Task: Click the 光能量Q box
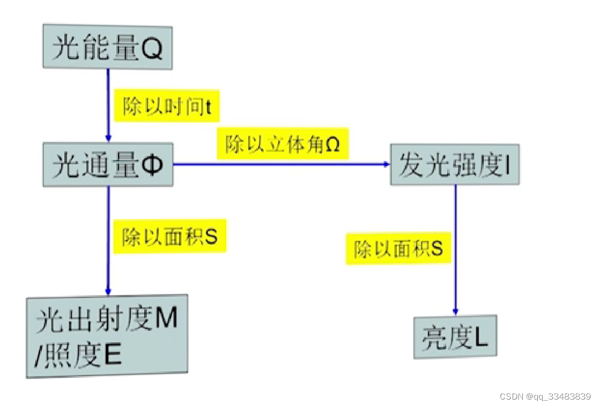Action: pyautogui.click(x=107, y=47)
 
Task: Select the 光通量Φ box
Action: pyautogui.click(x=108, y=164)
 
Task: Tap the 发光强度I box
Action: pyautogui.click(x=454, y=165)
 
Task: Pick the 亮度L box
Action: pyautogui.click(x=455, y=337)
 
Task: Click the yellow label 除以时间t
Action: pyautogui.click(x=167, y=105)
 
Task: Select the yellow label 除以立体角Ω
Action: pyautogui.click(x=283, y=143)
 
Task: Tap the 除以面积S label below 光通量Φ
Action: pyautogui.click(x=170, y=236)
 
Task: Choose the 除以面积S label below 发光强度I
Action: pyautogui.click(x=398, y=248)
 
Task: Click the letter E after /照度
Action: pyautogui.click(x=112, y=356)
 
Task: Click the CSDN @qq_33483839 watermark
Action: pyautogui.click(x=545, y=396)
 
